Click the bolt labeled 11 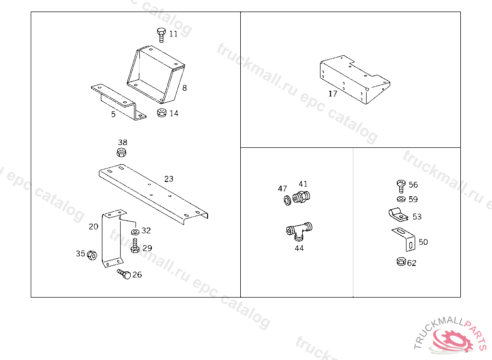tap(161, 35)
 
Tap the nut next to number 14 tap(162, 113)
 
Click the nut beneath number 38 tap(122, 153)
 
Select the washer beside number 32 tap(135, 232)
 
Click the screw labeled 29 tap(135, 247)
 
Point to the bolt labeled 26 tap(124, 275)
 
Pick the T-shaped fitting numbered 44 tap(298, 231)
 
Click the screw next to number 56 tap(401, 186)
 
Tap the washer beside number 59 tap(401, 199)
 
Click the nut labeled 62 tap(400, 262)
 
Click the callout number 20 tap(93, 227)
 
